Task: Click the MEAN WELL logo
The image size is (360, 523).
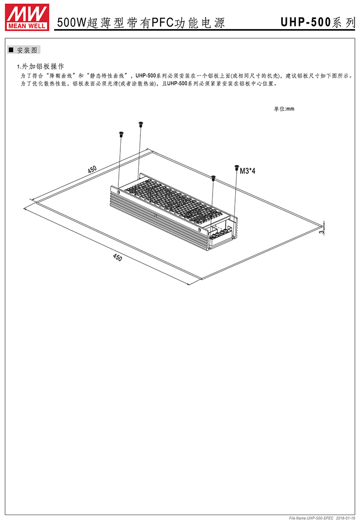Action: (27, 18)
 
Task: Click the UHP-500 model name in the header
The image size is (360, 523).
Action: (306, 23)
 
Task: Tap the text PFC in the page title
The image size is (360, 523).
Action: (163, 23)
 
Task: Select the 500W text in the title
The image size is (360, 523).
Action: (72, 23)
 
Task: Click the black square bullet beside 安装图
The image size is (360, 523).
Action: (11, 50)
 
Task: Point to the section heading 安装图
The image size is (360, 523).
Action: (27, 50)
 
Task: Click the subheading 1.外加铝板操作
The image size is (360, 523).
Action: (41, 66)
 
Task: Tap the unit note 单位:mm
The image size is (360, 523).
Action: (284, 109)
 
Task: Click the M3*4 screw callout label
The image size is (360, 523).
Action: (248, 171)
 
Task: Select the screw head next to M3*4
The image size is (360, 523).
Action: (237, 166)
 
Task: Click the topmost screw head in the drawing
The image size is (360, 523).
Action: (140, 124)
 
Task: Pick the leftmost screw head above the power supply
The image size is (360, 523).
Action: (121, 134)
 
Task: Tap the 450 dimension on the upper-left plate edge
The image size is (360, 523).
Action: (92, 169)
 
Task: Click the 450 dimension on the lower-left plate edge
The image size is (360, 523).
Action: (117, 258)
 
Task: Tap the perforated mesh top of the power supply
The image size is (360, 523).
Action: (173, 198)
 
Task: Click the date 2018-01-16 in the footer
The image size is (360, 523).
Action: (345, 518)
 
